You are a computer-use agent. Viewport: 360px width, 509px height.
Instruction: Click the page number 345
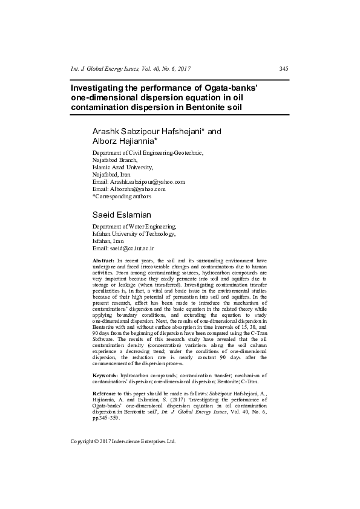click(283, 68)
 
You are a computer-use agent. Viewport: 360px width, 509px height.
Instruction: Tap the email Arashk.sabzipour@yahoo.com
click(147, 181)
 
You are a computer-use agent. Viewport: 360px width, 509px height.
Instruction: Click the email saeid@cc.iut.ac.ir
click(131, 248)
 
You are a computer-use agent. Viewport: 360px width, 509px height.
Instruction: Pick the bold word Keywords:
click(105, 375)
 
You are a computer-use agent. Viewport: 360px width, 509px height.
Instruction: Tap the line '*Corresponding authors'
click(122, 196)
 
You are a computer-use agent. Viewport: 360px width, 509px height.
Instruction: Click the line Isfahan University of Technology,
click(134, 233)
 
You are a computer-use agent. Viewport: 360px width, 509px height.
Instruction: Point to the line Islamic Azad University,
click(123, 167)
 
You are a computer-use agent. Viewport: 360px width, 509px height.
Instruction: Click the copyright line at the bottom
click(123, 441)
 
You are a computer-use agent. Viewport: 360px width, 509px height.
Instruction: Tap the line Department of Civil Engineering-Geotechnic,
click(148, 152)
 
